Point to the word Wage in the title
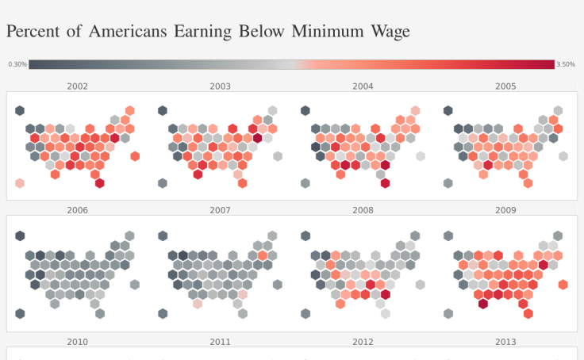click(389, 32)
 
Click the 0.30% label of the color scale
click(17, 64)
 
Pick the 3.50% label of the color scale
click(566, 64)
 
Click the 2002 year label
click(78, 86)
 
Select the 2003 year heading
click(221, 86)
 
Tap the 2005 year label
click(505, 86)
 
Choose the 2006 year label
click(78, 210)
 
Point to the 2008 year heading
click(363, 210)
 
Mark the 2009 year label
click(505, 210)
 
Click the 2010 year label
click(78, 342)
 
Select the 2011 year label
click(221, 342)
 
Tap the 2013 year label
click(505, 342)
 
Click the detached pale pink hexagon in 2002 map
click(20, 183)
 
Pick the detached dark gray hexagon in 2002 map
click(20, 111)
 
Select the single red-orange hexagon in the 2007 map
click(263, 255)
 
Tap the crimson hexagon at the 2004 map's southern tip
click(385, 183)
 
